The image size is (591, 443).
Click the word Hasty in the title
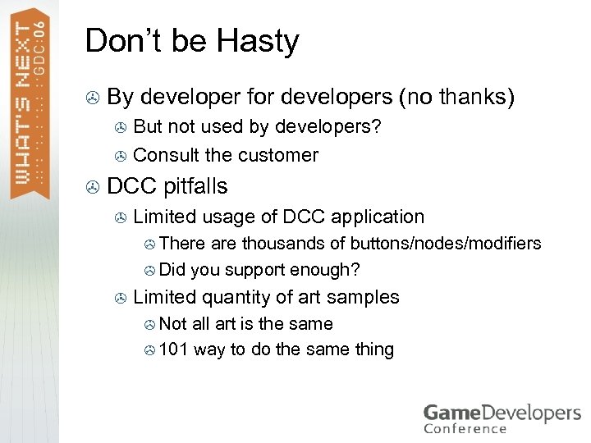click(x=260, y=42)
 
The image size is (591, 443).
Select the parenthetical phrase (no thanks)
click(x=456, y=98)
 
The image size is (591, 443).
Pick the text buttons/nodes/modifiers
click(x=446, y=243)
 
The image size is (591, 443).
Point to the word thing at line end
click(x=374, y=349)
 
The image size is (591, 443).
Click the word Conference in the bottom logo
click(x=465, y=427)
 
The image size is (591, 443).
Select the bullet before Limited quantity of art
click(x=120, y=298)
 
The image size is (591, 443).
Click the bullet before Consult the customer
click(x=120, y=156)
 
